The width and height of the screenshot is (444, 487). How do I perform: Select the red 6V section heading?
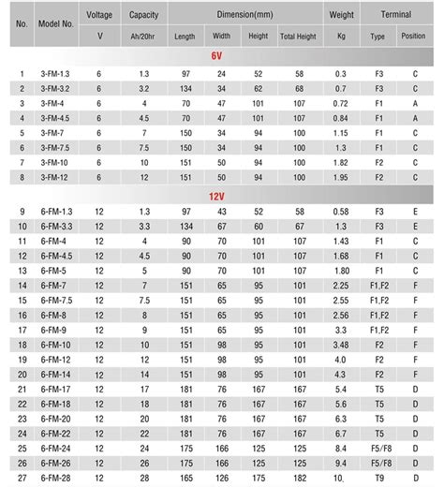(x=216, y=57)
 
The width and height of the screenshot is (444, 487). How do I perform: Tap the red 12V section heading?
(x=216, y=198)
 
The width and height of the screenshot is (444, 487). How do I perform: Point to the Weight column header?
(x=341, y=15)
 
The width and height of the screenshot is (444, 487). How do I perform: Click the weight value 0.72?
(x=341, y=102)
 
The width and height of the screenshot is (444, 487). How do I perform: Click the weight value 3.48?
(x=341, y=346)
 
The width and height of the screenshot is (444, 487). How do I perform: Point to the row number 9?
(x=22, y=212)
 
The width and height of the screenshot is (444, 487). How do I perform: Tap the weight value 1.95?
(x=341, y=176)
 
